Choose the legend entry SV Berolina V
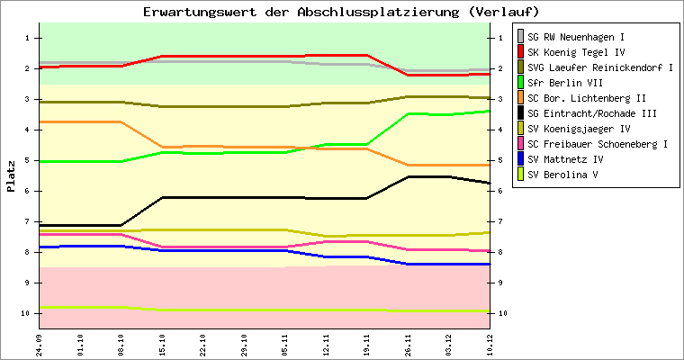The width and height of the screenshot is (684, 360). [x=563, y=175]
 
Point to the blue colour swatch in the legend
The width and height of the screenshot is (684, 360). [x=519, y=159]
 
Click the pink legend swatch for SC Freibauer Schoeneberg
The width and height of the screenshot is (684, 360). [x=519, y=144]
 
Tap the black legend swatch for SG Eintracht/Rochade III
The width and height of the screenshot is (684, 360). [x=519, y=113]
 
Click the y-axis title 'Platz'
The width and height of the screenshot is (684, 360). [x=12, y=175]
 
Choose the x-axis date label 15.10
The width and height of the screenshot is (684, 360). [x=163, y=343]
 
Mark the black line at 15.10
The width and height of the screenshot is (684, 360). [x=163, y=197]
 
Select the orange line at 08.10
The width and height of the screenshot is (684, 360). [x=121, y=121]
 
